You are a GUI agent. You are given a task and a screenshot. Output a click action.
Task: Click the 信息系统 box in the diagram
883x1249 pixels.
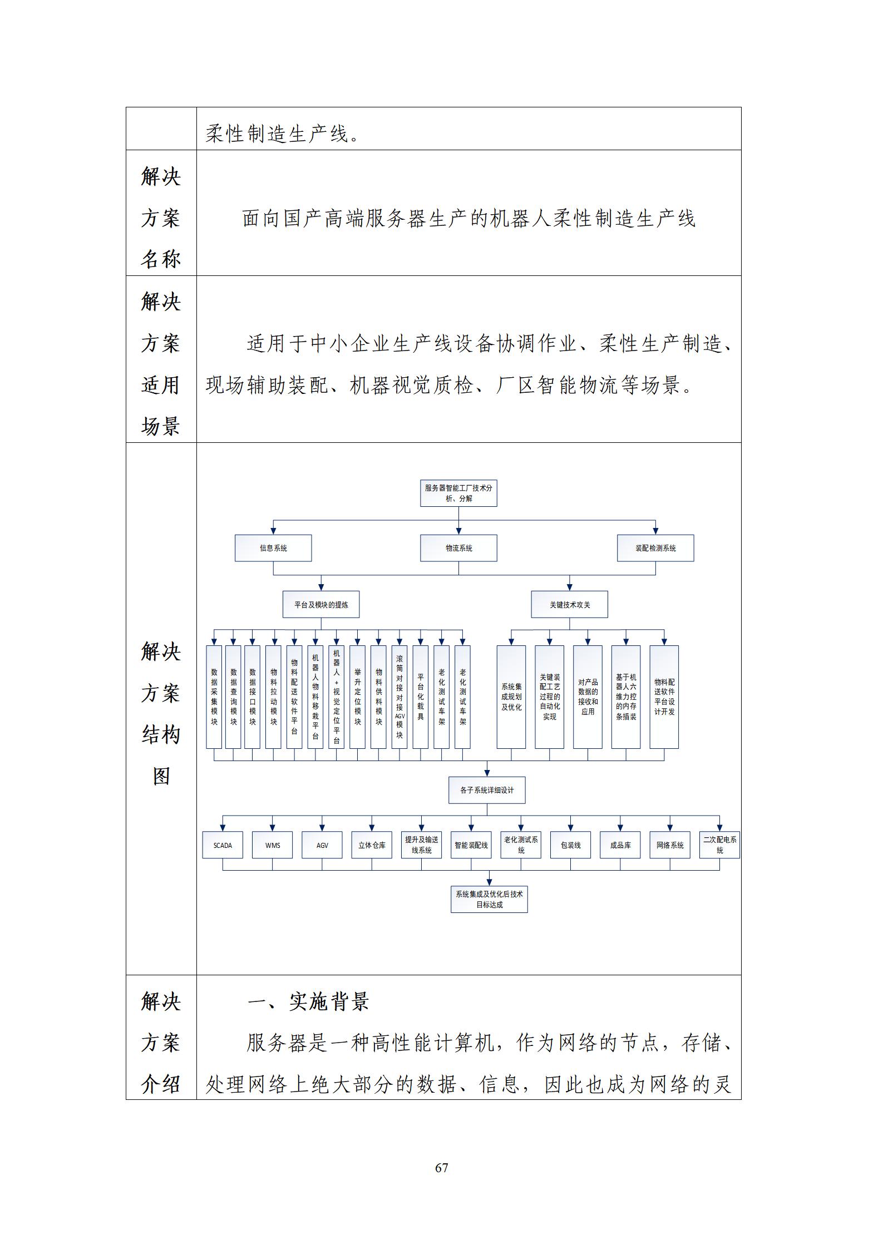(x=273, y=548)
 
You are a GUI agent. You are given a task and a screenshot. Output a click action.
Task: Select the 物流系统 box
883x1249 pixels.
(x=458, y=548)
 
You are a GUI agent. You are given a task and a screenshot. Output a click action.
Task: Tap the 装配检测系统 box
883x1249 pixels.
(x=655, y=548)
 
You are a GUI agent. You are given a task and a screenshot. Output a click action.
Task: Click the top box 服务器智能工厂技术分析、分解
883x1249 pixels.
(x=458, y=493)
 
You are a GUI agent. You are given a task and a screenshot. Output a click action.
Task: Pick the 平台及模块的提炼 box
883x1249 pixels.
(x=321, y=604)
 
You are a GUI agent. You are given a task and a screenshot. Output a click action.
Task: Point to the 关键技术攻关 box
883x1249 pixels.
(x=569, y=604)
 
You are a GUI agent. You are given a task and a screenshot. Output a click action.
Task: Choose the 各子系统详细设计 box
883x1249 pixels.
(x=487, y=790)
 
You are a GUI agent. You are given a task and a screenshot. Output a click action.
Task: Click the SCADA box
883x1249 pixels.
(x=223, y=845)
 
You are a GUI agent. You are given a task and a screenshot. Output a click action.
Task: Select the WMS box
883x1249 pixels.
(x=273, y=845)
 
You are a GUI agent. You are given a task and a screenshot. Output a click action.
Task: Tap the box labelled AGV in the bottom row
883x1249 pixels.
(x=322, y=845)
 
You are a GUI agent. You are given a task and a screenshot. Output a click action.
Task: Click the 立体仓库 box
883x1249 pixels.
(x=372, y=845)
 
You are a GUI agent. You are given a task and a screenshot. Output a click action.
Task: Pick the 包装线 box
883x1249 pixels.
(x=571, y=845)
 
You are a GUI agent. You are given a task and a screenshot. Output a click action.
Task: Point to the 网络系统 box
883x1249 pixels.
(x=670, y=845)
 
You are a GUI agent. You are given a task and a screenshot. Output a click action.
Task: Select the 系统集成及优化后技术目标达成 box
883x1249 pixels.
(x=489, y=899)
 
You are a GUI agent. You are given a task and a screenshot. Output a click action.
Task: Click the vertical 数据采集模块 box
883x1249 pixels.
(x=214, y=697)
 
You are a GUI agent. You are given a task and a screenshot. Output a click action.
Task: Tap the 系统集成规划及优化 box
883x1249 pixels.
(x=511, y=697)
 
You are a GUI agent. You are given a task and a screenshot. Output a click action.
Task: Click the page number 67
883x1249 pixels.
(x=442, y=1167)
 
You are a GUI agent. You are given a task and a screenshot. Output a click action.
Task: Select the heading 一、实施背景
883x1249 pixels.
(x=308, y=1001)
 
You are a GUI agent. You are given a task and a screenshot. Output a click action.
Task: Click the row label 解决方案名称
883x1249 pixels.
(x=161, y=218)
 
